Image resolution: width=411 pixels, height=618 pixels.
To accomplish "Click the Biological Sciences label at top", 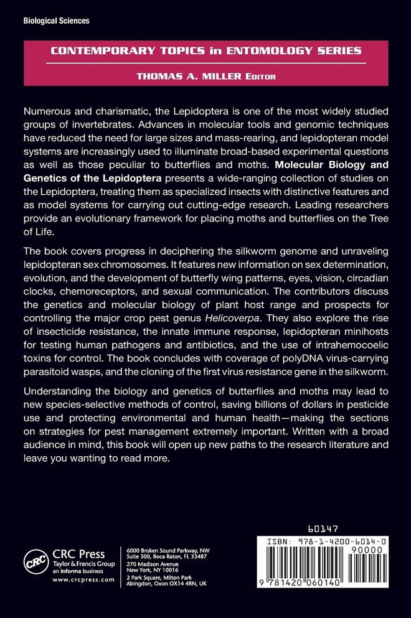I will pyautogui.click(x=56, y=21).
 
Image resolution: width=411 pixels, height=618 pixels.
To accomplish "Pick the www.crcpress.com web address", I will pyautogui.click(x=83, y=579).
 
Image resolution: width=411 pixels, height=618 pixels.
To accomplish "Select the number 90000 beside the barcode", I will pyautogui.click(x=372, y=552).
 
